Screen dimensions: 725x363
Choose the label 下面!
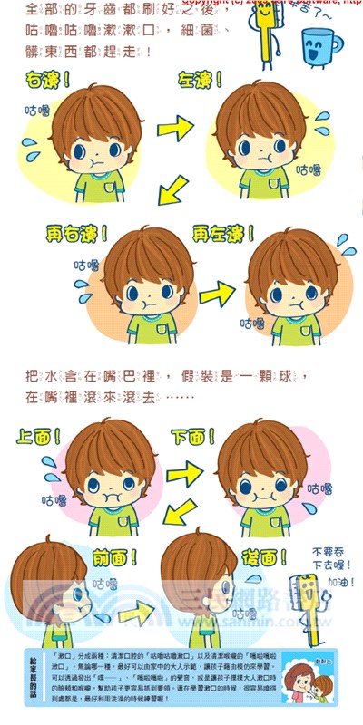(x=196, y=436)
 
